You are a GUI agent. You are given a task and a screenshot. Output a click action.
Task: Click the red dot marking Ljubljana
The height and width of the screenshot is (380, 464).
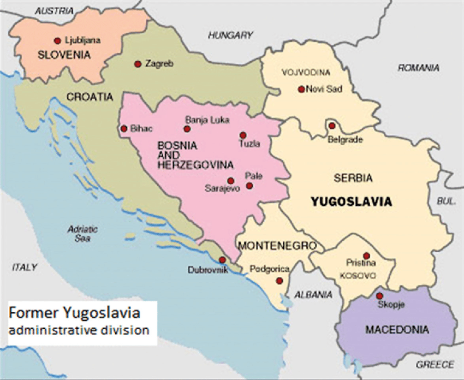pos(57,40)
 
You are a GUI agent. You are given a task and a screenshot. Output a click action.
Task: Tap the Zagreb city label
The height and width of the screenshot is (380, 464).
pos(159,64)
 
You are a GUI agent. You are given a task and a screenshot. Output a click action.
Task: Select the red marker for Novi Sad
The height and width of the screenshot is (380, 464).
pos(301,89)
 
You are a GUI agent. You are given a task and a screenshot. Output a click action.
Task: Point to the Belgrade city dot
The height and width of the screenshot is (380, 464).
pos(331,126)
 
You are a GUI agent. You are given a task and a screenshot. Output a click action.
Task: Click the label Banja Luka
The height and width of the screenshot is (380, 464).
pos(207,120)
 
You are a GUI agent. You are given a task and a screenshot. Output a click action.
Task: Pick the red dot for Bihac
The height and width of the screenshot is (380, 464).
pos(123,129)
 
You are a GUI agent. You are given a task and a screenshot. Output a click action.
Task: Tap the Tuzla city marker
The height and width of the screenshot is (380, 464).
pos(243,135)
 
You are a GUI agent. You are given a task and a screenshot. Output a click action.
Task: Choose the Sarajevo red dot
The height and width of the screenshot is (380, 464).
pos(230,181)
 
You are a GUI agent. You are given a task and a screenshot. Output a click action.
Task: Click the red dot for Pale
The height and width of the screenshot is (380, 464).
pos(249,186)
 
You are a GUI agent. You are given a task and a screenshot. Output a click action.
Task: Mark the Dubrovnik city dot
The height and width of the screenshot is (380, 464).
pos(222,260)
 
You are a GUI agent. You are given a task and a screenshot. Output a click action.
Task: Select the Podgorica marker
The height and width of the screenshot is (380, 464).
pos(279,281)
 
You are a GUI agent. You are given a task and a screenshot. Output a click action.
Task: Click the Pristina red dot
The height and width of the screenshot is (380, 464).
pos(366,256)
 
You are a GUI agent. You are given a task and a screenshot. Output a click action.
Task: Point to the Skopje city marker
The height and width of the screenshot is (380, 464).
pos(380,296)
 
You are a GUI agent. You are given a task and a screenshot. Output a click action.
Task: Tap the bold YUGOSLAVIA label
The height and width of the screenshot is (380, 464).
pos(351,202)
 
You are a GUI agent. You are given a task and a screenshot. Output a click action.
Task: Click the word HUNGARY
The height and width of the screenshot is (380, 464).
pos(230,35)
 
